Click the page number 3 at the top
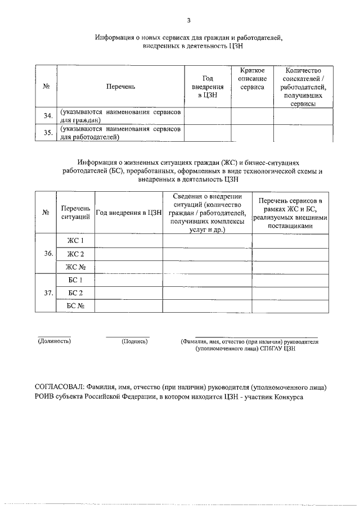[x=181, y=21]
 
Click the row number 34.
[x=48, y=116]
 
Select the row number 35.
[x=48, y=133]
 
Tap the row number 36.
[x=48, y=254]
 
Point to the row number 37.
[x=48, y=292]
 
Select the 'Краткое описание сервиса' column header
[x=252, y=79]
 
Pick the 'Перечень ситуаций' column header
[x=75, y=213]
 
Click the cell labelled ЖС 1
[x=75, y=241]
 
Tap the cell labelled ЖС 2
[x=75, y=254]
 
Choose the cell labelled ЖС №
[x=75, y=267]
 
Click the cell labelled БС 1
[x=75, y=280]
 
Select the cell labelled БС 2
[x=75, y=292]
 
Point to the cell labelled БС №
[x=75, y=305]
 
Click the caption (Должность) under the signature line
[x=54, y=341]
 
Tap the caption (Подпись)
[x=134, y=341]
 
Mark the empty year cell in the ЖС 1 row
[x=129, y=241]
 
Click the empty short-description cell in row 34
[x=252, y=116]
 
